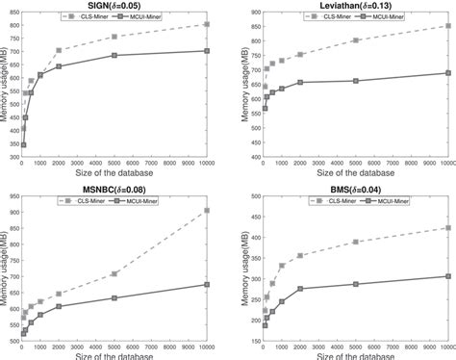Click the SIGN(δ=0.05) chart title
113,4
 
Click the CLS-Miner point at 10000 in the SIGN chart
207,25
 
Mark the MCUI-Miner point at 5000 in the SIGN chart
114,55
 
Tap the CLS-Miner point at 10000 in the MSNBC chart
207,210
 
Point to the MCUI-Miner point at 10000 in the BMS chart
448,276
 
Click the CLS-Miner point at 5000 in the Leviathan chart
356,40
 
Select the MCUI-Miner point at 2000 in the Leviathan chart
300,82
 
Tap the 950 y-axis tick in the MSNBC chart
15,196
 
